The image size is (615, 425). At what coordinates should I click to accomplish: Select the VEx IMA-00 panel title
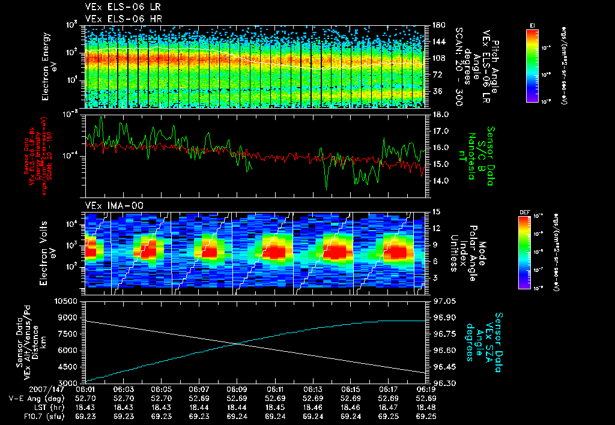pyautogui.click(x=110, y=205)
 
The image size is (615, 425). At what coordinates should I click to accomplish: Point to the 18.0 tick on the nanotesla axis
pyautogui.click(x=441, y=114)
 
